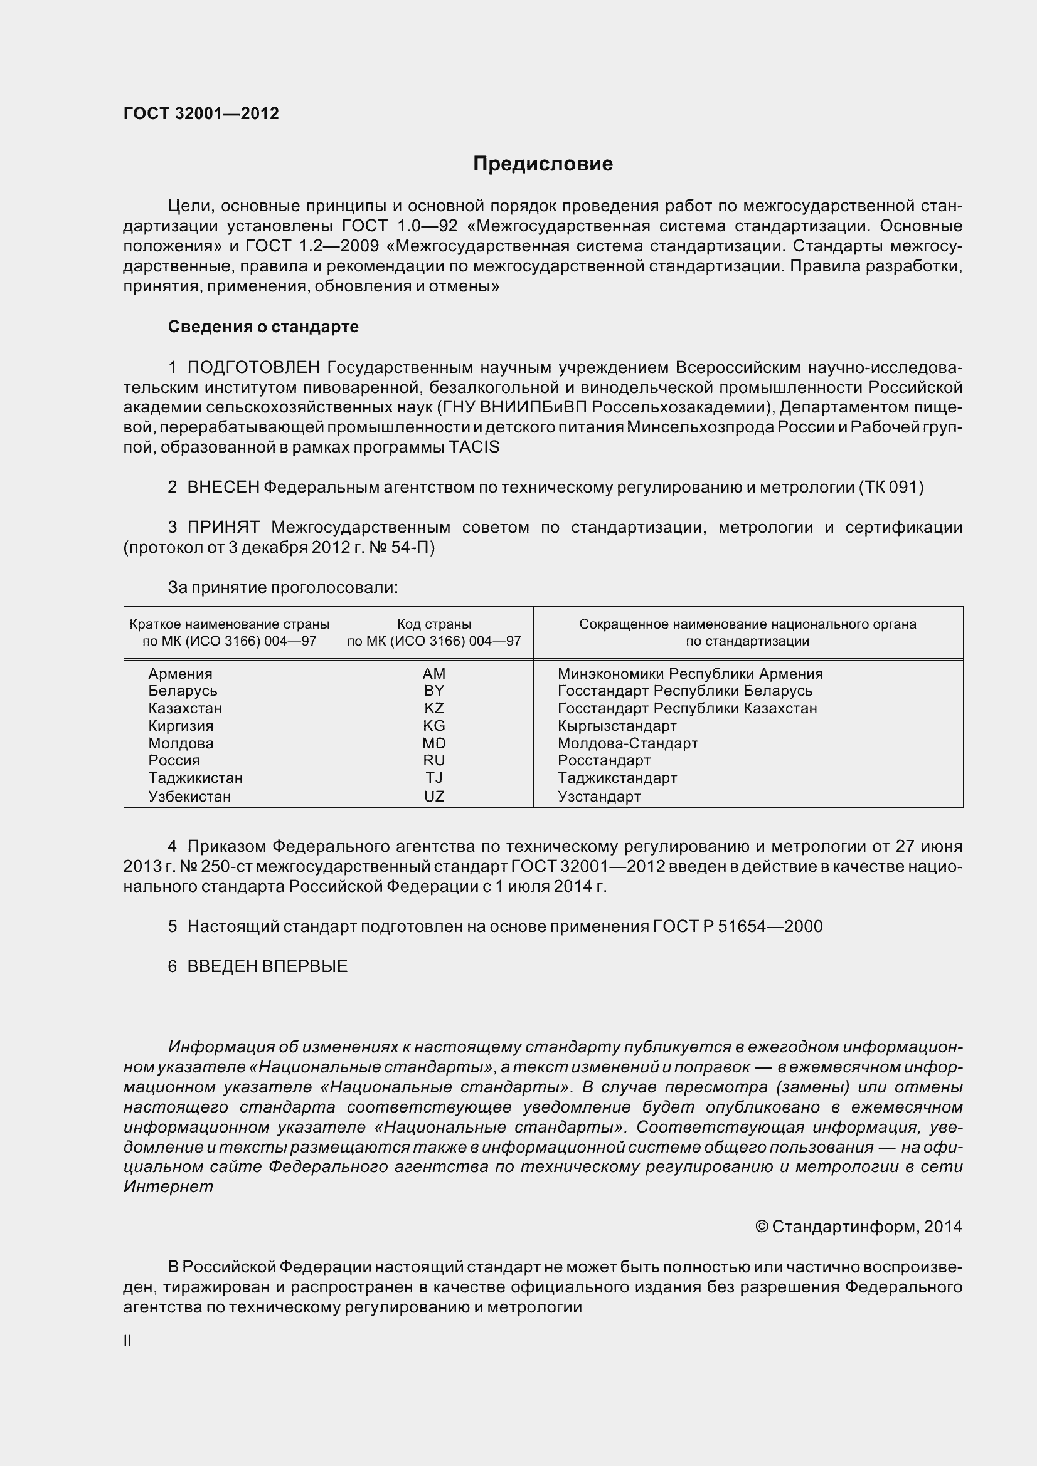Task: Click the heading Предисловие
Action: pos(543,164)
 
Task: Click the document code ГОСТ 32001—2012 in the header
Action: pos(201,113)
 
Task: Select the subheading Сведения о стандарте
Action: pos(263,327)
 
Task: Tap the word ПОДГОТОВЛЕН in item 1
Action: pos(253,368)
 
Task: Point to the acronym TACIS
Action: pos(474,447)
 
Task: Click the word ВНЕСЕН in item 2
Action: pos(223,487)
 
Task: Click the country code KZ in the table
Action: pos(434,708)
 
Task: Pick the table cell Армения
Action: pos(180,674)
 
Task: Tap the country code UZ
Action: pos(434,796)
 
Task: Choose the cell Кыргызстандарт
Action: pos(617,726)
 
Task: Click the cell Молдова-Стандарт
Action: pos(627,743)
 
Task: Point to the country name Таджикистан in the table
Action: pos(196,778)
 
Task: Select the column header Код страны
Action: pos(434,624)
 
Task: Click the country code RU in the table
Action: pos(434,760)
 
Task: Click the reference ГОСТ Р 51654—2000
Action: pos(737,926)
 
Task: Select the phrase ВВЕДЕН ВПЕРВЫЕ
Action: pos(267,966)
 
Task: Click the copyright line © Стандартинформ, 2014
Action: pos(858,1227)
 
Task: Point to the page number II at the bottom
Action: pos(128,1341)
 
